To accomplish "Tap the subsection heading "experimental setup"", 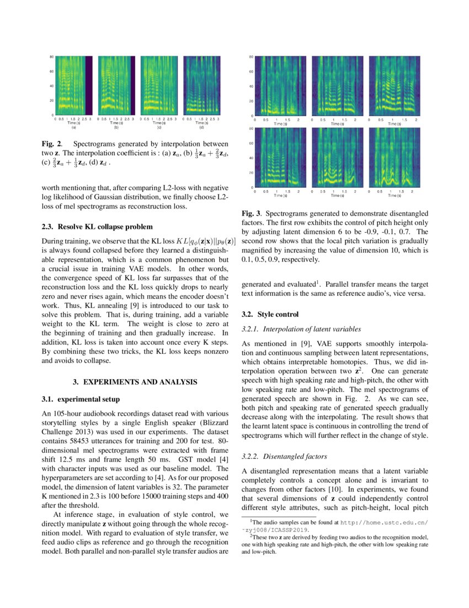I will [x=84, y=399].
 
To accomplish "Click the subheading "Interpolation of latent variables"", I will [x=301, y=329].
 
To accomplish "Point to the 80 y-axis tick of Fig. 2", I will [x=51, y=57].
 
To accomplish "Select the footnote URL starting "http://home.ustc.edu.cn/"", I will [x=380, y=522].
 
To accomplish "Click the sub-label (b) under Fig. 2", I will [x=116, y=128].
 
